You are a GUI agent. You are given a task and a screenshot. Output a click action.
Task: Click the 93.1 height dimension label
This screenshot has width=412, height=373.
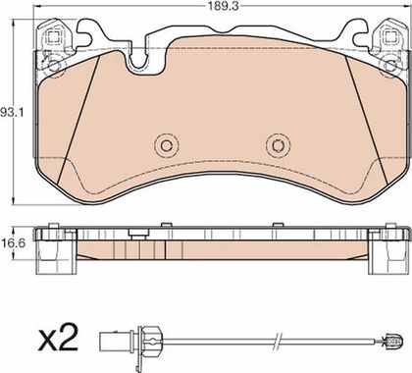12,113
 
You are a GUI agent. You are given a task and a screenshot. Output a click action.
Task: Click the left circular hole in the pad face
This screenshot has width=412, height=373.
166,145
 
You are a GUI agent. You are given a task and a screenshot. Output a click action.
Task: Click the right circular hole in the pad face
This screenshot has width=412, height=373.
278,145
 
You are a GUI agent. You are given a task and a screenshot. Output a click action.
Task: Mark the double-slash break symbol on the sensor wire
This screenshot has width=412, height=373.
279,342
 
